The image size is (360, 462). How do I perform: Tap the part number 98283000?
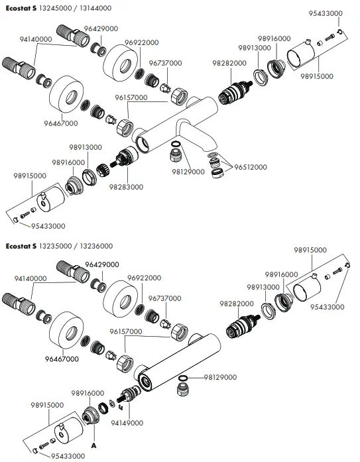point(126,187)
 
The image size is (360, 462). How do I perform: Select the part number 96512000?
point(251,167)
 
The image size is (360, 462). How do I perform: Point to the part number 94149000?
point(127,422)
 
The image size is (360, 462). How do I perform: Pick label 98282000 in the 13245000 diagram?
point(229,62)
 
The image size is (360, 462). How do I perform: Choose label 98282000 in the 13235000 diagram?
point(229,303)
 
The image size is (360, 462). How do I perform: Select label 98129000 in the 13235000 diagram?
point(219,377)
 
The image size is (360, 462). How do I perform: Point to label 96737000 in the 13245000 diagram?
point(164,62)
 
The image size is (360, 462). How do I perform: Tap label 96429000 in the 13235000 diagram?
point(101,264)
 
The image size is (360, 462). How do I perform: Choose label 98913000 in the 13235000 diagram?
point(260,287)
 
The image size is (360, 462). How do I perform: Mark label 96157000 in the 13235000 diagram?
point(126,331)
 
